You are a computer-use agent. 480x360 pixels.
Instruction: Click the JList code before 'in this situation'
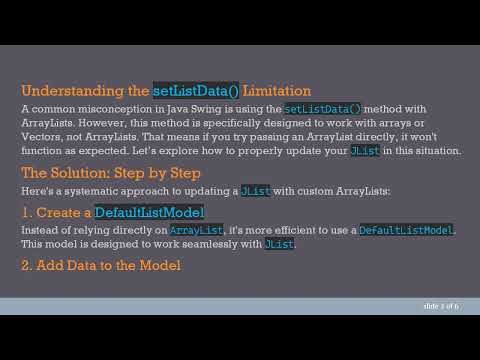(363, 150)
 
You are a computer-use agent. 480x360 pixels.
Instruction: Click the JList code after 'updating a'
(254, 190)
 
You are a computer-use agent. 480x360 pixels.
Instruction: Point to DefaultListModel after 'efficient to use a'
(405, 231)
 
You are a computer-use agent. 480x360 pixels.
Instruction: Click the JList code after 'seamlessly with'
(279, 245)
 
